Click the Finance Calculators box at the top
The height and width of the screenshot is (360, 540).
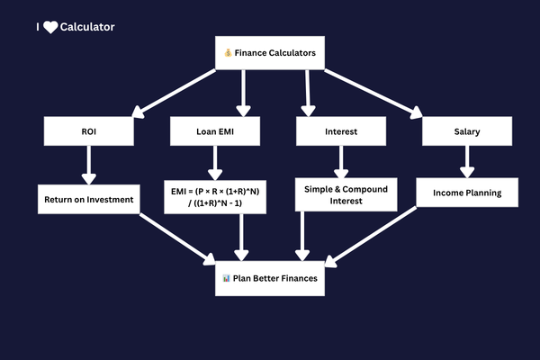click(270, 53)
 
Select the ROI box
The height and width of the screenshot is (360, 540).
click(89, 131)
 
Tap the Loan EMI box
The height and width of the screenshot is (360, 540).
click(215, 131)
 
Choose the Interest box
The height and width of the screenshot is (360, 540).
click(341, 131)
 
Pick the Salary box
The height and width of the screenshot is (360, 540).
click(467, 131)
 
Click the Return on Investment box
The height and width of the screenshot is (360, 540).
click(89, 199)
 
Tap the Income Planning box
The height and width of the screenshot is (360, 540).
click(467, 193)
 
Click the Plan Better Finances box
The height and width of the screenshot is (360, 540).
click(270, 278)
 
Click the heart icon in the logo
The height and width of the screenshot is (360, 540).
click(50, 27)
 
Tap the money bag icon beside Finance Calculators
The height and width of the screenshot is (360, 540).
click(228, 53)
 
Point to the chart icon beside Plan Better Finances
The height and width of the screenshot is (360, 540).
click(226, 278)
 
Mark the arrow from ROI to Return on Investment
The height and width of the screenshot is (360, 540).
click(89, 165)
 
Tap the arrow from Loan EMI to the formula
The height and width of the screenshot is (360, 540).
click(215, 163)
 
